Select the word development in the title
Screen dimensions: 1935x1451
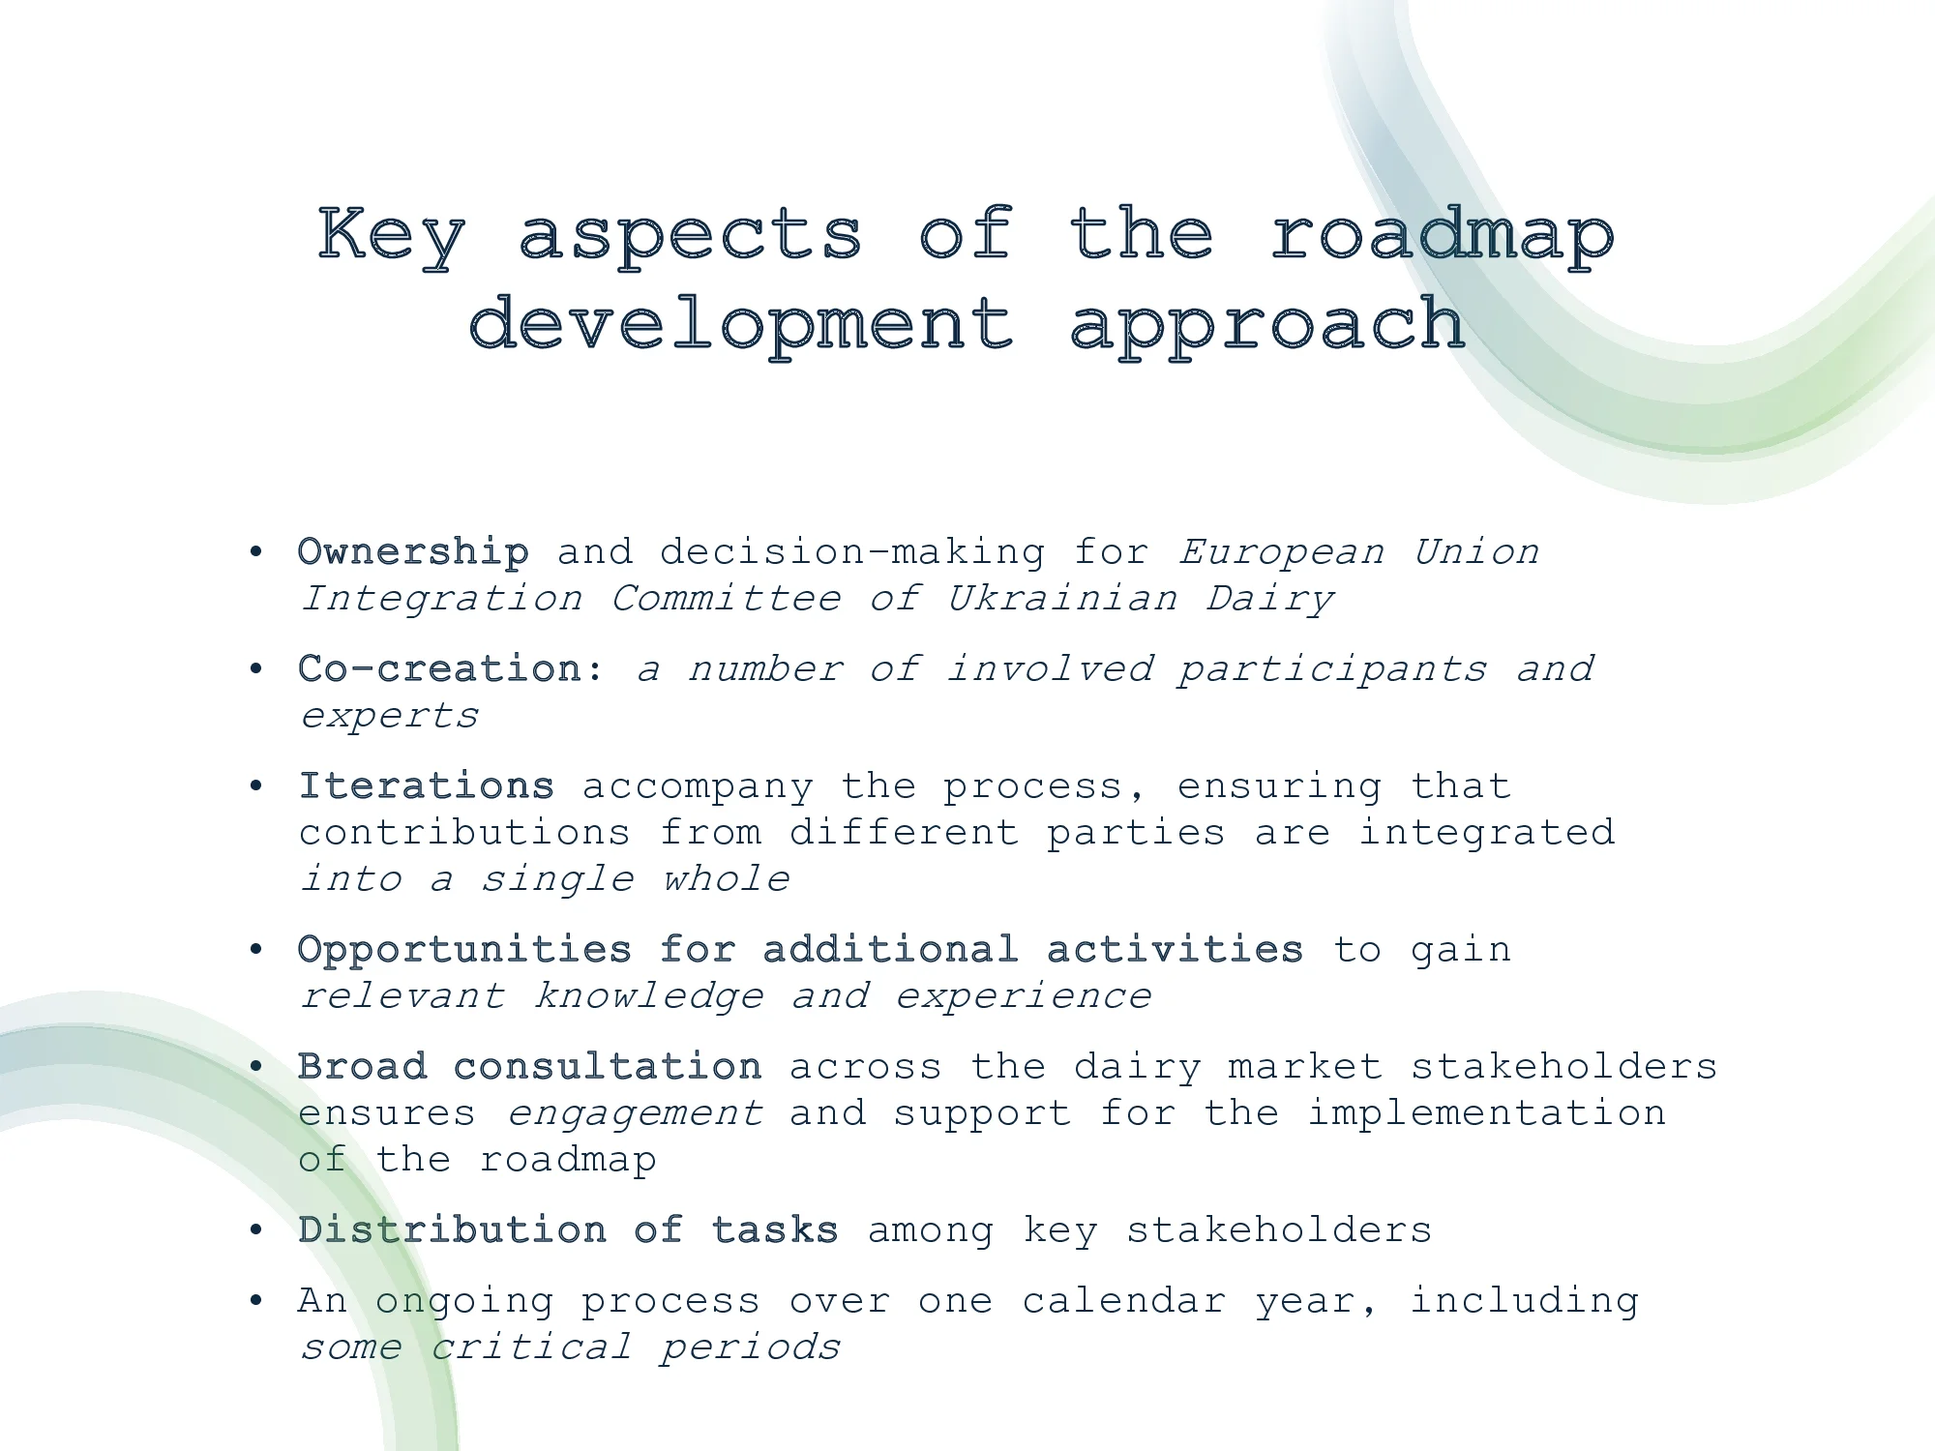tap(742, 325)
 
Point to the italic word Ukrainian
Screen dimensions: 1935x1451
tap(1062, 600)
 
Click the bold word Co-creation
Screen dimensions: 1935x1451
tap(440, 669)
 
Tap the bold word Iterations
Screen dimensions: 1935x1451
tap(426, 786)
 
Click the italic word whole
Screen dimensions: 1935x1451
tap(726, 880)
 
